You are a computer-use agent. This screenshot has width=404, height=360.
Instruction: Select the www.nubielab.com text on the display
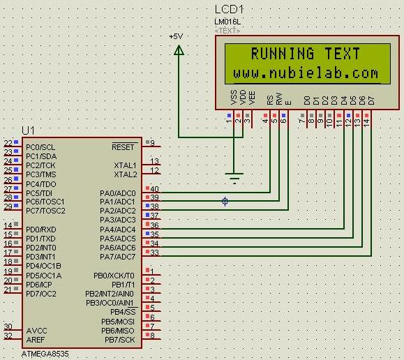(x=306, y=73)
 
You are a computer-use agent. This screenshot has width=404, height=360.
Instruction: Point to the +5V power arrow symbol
(x=179, y=50)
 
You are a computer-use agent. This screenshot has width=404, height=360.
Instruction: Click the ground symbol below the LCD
(x=234, y=178)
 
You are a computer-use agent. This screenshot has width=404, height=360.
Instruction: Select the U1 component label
(x=28, y=130)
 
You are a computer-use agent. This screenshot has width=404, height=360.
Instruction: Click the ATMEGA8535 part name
(x=45, y=354)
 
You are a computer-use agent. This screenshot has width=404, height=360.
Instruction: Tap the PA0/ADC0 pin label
(x=118, y=193)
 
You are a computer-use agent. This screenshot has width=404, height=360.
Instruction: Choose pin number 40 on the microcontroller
(x=154, y=189)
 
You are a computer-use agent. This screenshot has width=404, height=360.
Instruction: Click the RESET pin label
(x=124, y=147)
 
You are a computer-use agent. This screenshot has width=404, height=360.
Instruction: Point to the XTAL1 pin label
(x=125, y=165)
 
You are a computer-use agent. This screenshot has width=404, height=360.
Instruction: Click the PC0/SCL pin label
(x=40, y=147)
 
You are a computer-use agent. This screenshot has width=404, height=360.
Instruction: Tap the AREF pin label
(x=37, y=340)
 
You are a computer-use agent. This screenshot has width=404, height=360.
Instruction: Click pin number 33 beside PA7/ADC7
(x=154, y=253)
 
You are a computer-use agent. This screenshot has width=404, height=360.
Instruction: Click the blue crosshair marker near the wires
(x=225, y=202)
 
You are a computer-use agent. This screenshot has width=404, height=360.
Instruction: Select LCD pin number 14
(x=365, y=122)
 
